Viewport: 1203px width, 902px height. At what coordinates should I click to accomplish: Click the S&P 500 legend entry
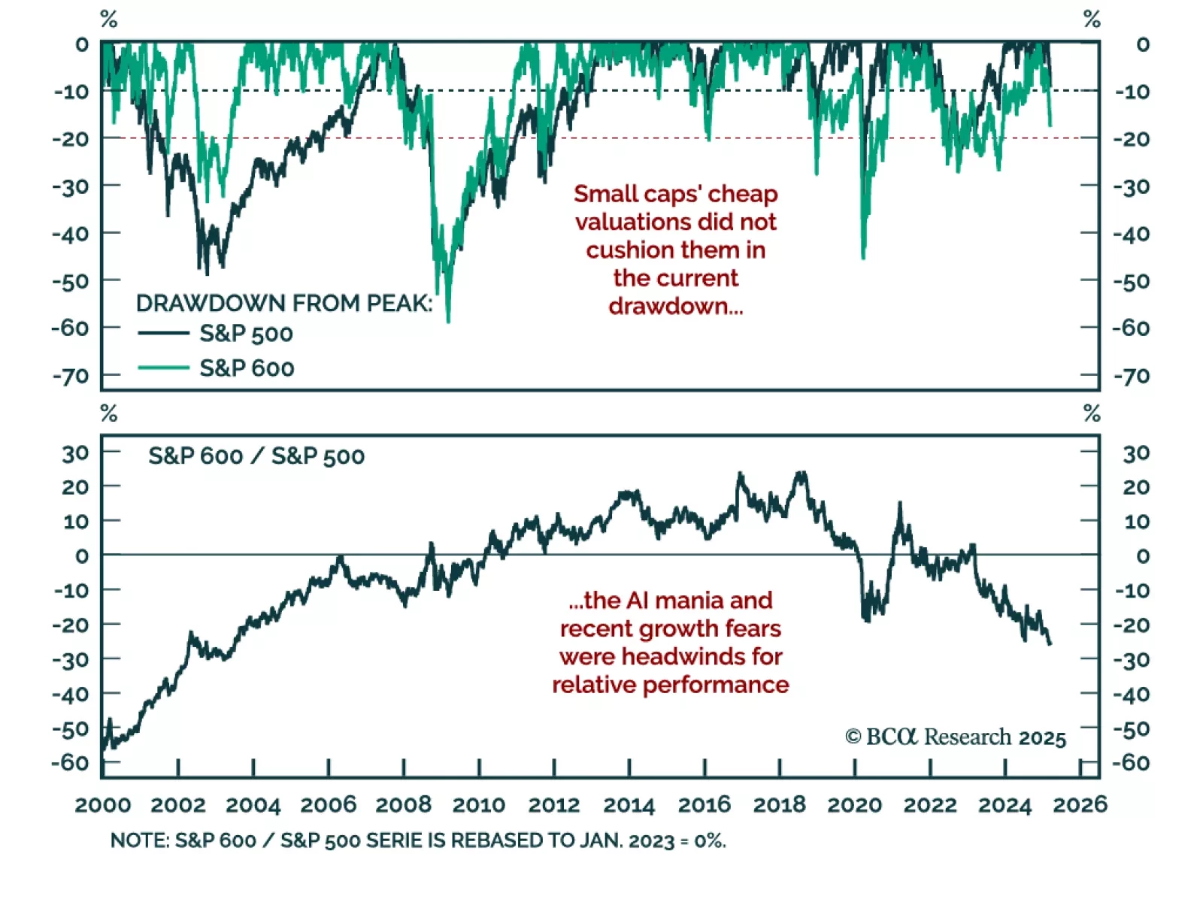(x=246, y=333)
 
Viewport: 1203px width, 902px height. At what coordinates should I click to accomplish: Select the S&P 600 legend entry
(x=247, y=368)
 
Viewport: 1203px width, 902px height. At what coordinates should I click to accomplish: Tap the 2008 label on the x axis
(x=404, y=804)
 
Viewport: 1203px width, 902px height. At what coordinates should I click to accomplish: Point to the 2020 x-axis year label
(x=855, y=804)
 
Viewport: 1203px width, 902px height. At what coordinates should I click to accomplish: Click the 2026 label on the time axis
(x=1080, y=804)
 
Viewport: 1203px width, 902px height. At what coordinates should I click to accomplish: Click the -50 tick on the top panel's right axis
(x=1132, y=281)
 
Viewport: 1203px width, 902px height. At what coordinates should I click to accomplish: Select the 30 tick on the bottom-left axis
(x=75, y=453)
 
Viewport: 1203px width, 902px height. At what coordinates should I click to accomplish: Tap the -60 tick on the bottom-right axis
(x=1132, y=762)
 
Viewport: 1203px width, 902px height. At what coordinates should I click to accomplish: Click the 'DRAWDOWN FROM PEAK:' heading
(x=284, y=303)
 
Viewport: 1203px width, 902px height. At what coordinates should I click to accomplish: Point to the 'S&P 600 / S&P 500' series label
(x=256, y=456)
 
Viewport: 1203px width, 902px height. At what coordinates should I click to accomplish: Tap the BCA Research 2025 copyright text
(x=956, y=737)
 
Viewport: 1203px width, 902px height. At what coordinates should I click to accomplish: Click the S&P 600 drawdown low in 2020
(x=863, y=258)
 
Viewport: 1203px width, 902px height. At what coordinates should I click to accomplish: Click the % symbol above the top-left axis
(x=109, y=19)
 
